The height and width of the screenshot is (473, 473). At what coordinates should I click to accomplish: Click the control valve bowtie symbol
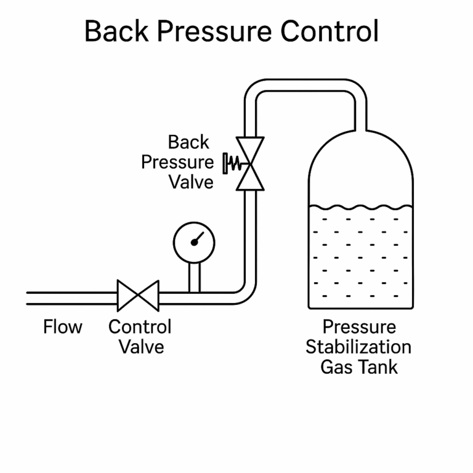pyautogui.click(x=138, y=296)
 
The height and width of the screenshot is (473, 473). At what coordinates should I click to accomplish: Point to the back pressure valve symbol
pyautogui.click(x=251, y=163)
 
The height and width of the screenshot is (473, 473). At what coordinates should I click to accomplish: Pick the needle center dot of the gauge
pyautogui.click(x=195, y=242)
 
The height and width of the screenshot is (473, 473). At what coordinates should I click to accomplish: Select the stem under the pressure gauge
pyautogui.click(x=194, y=277)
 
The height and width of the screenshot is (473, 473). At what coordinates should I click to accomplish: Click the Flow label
pyautogui.click(x=63, y=326)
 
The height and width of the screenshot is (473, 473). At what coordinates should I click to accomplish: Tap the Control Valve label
pyautogui.click(x=140, y=336)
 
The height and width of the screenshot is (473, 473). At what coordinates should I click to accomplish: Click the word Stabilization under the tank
pyautogui.click(x=358, y=346)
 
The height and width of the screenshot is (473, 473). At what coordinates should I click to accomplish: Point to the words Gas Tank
pyautogui.click(x=359, y=367)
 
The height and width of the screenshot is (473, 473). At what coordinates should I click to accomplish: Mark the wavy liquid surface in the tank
pyautogui.click(x=360, y=207)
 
